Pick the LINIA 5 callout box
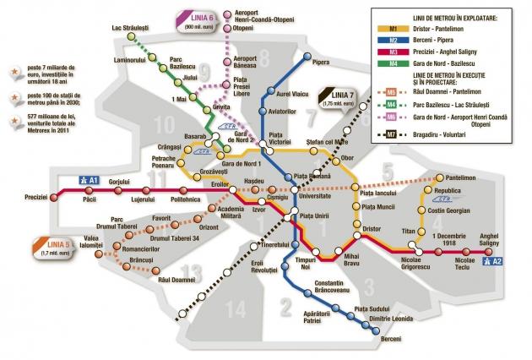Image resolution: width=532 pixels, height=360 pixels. coord(22,248)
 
